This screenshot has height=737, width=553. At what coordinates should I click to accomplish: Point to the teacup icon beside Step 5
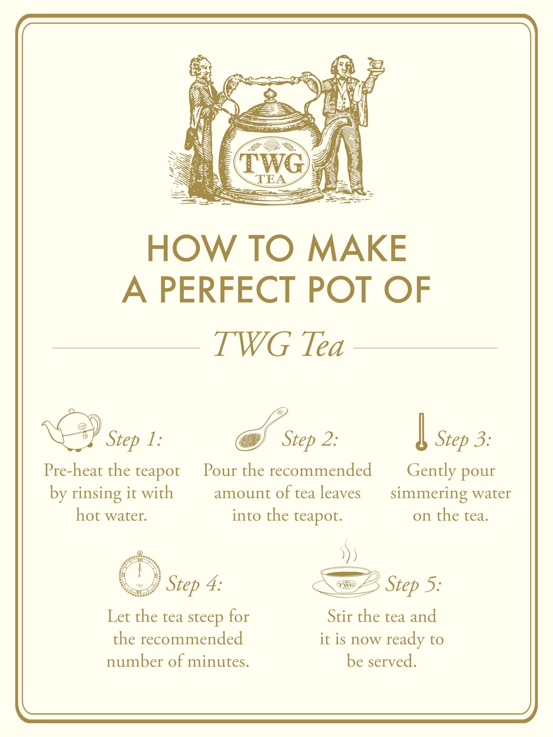[346, 582]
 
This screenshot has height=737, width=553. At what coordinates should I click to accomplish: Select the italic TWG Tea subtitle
[278, 344]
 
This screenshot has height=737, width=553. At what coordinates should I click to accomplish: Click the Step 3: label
[462, 439]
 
